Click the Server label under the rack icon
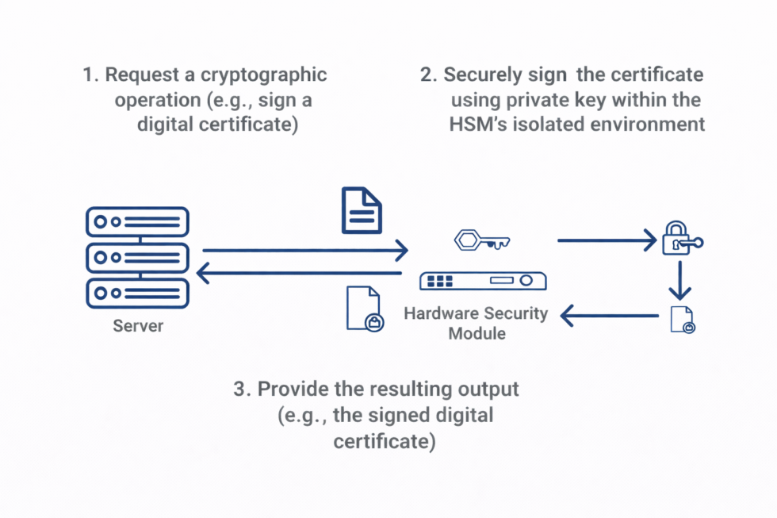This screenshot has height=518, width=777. click(138, 326)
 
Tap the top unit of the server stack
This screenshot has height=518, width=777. click(136, 223)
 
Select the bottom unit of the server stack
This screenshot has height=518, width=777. click(136, 293)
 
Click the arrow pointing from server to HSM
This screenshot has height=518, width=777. click(305, 251)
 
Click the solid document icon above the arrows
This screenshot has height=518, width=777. click(362, 210)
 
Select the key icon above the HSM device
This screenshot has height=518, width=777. click(482, 240)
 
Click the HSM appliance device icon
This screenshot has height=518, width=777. click(484, 281)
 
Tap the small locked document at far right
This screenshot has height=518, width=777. click(682, 319)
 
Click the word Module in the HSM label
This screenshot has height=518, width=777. click(477, 333)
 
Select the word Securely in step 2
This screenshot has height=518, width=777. click(484, 75)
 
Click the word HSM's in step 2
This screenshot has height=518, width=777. click(477, 125)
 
